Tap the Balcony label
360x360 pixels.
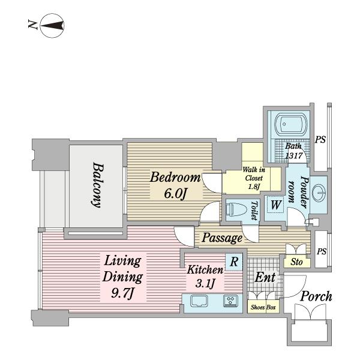(x=98, y=185)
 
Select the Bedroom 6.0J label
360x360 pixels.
(x=175, y=185)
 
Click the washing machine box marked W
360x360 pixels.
(x=275, y=205)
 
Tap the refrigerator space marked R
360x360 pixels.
(x=234, y=262)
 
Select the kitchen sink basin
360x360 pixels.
(x=199, y=301)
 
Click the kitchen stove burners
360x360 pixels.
(x=231, y=301)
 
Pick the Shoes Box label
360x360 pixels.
(x=263, y=307)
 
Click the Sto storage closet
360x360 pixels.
(x=296, y=262)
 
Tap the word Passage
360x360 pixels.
(x=222, y=238)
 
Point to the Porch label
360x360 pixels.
(x=316, y=296)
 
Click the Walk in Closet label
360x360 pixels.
(x=254, y=178)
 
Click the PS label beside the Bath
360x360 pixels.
(x=320, y=140)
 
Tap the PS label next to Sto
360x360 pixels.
(x=322, y=251)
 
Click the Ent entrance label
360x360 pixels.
(x=265, y=277)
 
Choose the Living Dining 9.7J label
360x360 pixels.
(x=122, y=277)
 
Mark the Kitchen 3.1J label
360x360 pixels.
(x=205, y=277)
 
